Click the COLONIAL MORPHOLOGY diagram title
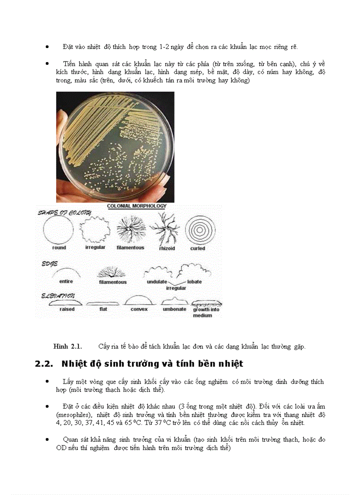137,206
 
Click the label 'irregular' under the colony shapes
95,248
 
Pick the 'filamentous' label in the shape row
130,248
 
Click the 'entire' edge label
66,281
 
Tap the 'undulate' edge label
157,282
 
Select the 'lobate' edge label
194,282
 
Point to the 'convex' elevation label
139,309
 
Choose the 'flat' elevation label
103,309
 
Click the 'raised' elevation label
67,309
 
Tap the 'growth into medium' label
206,313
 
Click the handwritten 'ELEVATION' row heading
58,296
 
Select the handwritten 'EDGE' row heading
49,264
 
